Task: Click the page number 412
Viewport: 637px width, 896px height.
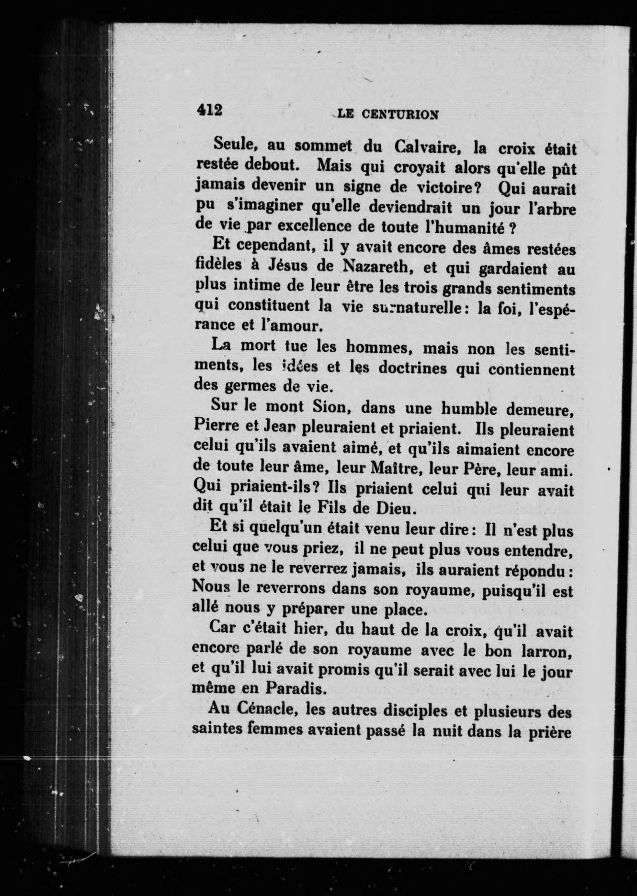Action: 209,111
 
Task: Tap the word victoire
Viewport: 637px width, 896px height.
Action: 447,187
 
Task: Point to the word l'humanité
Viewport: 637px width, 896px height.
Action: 462,227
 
